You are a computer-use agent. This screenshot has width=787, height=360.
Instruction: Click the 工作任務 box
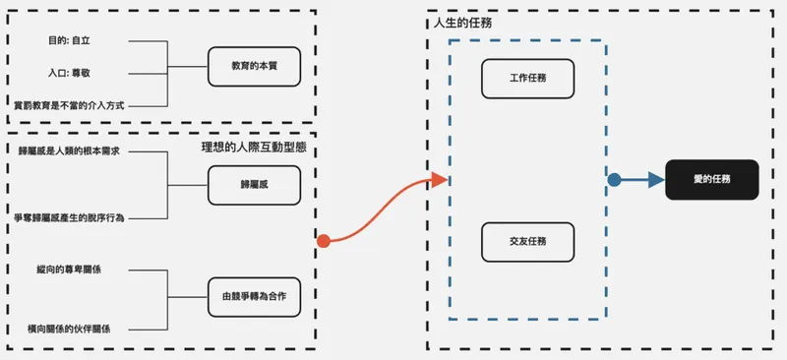tap(527, 79)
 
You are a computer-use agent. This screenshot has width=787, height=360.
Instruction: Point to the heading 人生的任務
tap(462, 23)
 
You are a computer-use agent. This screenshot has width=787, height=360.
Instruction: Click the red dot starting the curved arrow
tap(323, 240)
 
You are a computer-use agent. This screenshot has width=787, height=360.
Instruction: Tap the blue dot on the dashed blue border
tap(614, 180)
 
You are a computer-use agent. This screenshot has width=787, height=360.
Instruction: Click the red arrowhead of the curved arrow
tap(440, 180)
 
